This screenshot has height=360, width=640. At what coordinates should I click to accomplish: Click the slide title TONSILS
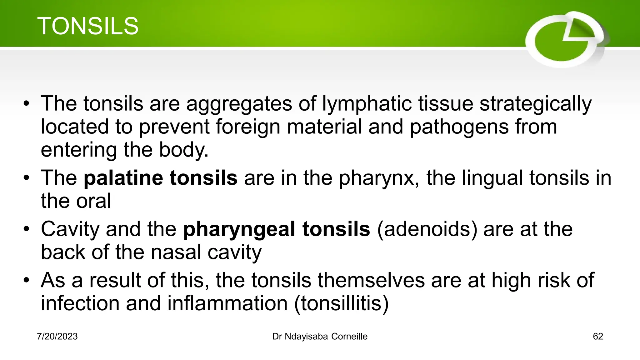click(x=88, y=26)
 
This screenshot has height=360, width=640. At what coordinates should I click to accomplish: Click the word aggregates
click(x=239, y=104)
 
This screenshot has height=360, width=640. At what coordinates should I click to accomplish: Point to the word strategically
click(x=535, y=104)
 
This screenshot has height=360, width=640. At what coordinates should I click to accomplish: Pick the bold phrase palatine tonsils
click(x=161, y=178)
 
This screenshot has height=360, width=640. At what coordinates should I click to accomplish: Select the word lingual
click(x=492, y=178)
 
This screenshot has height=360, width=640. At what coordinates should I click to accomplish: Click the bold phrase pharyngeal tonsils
click(x=277, y=229)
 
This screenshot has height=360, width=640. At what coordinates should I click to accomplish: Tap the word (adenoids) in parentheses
click(x=427, y=229)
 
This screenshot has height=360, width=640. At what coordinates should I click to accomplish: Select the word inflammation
click(x=227, y=303)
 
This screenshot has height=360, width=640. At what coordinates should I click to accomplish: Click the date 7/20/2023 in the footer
click(x=57, y=337)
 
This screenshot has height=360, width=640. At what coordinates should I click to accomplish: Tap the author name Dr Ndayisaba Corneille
click(x=320, y=337)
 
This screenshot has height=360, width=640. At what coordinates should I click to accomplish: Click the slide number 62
click(x=598, y=337)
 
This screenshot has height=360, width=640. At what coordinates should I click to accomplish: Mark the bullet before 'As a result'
click(x=27, y=280)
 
